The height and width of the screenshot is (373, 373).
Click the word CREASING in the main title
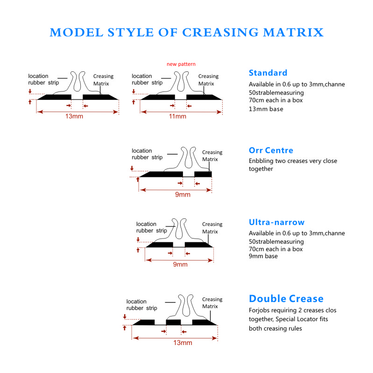tap(220, 32)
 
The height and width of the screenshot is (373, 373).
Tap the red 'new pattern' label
tap(181, 64)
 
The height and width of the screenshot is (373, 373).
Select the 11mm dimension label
tap(177, 116)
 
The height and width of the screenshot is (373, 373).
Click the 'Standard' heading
tap(268, 73)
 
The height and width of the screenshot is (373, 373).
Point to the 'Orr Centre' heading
tap(271, 150)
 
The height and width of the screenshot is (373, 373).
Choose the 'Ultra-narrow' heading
tap(277, 222)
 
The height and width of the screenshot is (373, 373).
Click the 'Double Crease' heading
tap(286, 299)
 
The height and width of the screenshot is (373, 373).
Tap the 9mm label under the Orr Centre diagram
tap(183, 195)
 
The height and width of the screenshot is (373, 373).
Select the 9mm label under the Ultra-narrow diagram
tap(180, 264)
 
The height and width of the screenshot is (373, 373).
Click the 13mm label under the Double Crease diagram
tap(183, 343)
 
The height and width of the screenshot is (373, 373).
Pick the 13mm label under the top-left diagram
tap(74, 116)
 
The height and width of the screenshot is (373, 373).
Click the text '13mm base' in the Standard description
tap(266, 109)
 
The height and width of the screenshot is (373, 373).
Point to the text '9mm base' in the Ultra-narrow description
tap(263, 256)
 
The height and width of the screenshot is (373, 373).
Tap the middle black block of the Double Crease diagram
tap(173, 322)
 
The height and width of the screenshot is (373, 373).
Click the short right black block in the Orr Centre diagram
tap(203, 174)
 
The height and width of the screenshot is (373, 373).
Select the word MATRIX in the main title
tap(293, 32)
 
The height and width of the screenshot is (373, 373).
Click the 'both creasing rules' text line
tap(275, 329)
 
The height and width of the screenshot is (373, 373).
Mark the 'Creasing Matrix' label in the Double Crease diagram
tap(212, 303)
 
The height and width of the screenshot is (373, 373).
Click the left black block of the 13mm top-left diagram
tap(55, 97)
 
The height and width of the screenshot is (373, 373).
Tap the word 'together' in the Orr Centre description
tap(260, 169)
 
